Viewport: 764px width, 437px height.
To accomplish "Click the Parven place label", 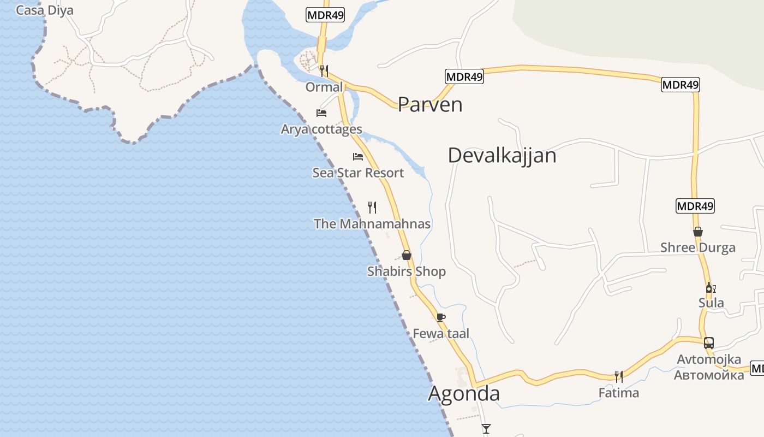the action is click(x=430, y=104).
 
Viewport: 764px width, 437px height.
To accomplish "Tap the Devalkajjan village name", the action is click(x=502, y=156).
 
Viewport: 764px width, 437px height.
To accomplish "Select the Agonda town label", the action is click(x=464, y=394).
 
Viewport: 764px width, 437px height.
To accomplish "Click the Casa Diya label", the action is click(x=45, y=10).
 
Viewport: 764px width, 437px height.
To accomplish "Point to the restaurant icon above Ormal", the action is click(x=324, y=70).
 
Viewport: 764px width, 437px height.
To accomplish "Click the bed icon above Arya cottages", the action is click(x=321, y=113).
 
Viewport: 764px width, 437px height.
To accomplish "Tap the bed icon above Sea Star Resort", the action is click(x=358, y=157).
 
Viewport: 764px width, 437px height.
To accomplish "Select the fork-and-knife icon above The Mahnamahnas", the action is click(x=372, y=207).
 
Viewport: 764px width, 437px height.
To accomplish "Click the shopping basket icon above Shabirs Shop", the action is click(x=407, y=255).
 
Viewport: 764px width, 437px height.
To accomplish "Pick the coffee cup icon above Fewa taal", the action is click(x=441, y=317).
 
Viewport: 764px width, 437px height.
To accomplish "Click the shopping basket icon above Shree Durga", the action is click(x=698, y=232).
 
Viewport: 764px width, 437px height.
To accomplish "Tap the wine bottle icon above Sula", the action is click(x=711, y=288).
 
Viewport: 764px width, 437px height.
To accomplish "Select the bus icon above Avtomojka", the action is click(x=709, y=343).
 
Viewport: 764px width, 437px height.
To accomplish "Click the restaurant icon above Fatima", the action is click(x=619, y=376).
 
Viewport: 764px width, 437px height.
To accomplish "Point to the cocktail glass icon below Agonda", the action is click(x=486, y=428).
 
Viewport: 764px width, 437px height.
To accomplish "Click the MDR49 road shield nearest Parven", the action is click(x=464, y=76).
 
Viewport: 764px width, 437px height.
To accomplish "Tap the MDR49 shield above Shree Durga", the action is click(x=695, y=206).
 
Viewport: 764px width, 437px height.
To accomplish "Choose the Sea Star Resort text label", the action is click(x=358, y=173).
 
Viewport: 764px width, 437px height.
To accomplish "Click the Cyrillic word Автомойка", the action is click(x=709, y=375).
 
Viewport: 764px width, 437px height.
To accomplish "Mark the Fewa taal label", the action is click(x=441, y=334).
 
